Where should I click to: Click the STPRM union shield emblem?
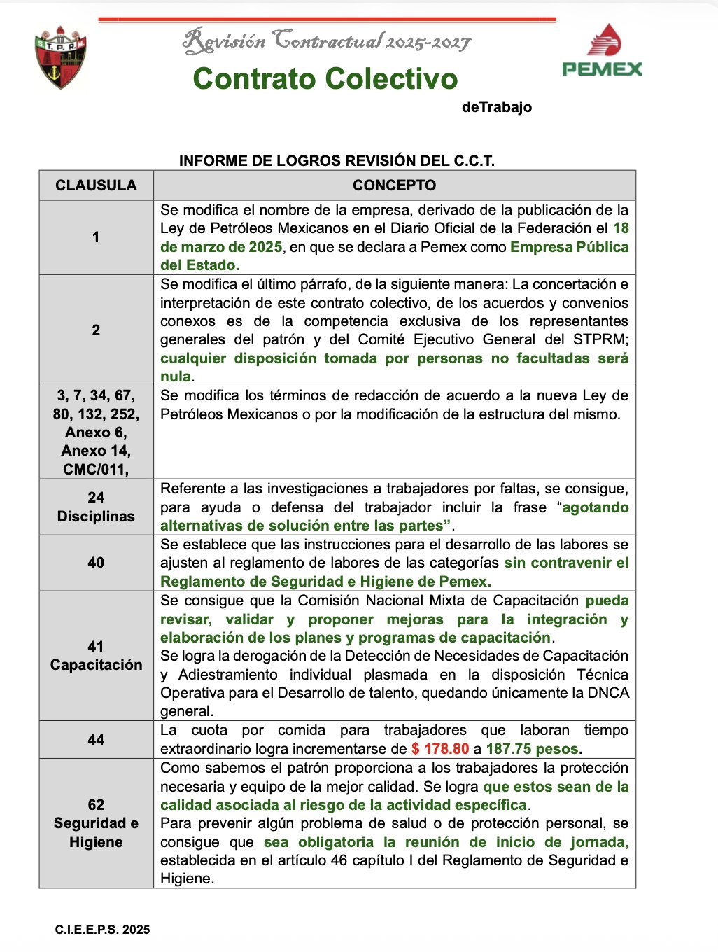click(61, 57)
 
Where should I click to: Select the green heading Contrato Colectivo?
click(325, 78)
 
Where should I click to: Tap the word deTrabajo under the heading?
click(496, 107)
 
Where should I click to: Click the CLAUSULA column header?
click(96, 185)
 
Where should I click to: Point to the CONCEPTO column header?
click(394, 185)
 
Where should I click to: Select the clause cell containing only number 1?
click(96, 237)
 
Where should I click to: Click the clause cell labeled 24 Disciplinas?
click(96, 507)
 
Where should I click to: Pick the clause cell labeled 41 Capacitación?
click(96, 656)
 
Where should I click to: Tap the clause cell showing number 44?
click(96, 739)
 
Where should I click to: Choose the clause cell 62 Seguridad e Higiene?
click(96, 823)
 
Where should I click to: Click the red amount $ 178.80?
click(440, 749)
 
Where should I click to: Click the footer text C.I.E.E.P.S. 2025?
click(102, 930)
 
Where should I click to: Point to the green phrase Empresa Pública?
click(569, 247)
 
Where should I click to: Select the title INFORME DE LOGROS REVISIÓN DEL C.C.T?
click(337, 161)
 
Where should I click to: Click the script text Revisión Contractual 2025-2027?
click(326, 41)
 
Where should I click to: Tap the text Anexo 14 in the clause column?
click(96, 451)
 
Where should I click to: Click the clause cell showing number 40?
click(96, 563)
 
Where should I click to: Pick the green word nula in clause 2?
click(175, 377)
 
